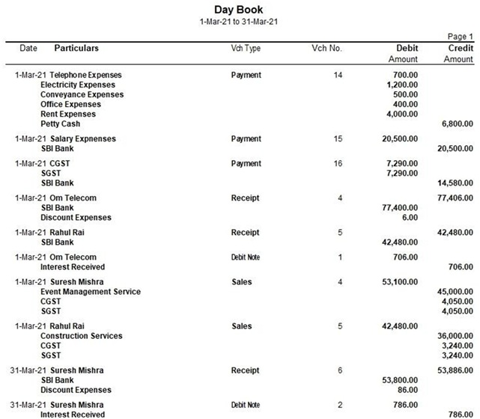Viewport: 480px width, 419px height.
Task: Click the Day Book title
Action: pyautogui.click(x=239, y=10)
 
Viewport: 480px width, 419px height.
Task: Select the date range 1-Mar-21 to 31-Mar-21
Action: pyautogui.click(x=239, y=21)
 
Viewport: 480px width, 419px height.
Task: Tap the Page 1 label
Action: pyautogui.click(x=460, y=37)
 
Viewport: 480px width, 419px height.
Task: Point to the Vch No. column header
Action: pyautogui.click(x=326, y=49)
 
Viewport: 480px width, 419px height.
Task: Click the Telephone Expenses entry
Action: pyautogui.click(x=85, y=76)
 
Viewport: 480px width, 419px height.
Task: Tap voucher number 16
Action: pyautogui.click(x=336, y=164)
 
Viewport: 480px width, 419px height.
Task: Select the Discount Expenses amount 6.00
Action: pyautogui.click(x=408, y=218)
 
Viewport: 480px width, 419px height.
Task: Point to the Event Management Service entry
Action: pyautogui.click(x=91, y=292)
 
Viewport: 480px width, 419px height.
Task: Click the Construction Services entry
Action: pyautogui.click(x=81, y=336)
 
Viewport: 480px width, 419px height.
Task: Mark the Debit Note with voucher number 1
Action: pyautogui.click(x=246, y=257)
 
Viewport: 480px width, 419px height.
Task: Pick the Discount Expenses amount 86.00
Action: pyautogui.click(x=407, y=390)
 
